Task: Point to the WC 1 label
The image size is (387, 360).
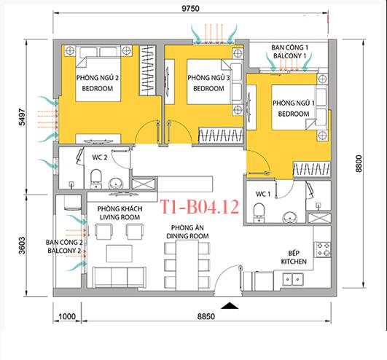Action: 264,194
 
